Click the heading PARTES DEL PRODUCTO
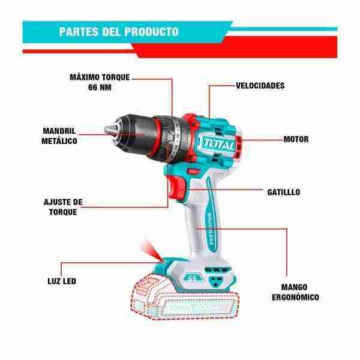click(x=119, y=32)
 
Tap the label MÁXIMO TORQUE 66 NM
click(x=100, y=82)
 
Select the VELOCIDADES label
click(x=260, y=86)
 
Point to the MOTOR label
click(x=296, y=139)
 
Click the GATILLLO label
click(x=284, y=192)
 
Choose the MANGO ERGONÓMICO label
click(x=295, y=292)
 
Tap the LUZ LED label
click(x=62, y=281)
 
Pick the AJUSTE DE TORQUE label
click(x=63, y=207)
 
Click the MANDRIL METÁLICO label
click(x=59, y=136)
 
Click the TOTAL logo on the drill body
click(x=218, y=144)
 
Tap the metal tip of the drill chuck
click(x=109, y=130)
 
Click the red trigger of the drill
click(x=176, y=188)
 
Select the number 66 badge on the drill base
click(x=193, y=278)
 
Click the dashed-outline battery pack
click(x=185, y=298)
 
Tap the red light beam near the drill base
click(x=151, y=251)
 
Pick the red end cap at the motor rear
click(x=238, y=146)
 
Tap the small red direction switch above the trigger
click(x=193, y=172)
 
